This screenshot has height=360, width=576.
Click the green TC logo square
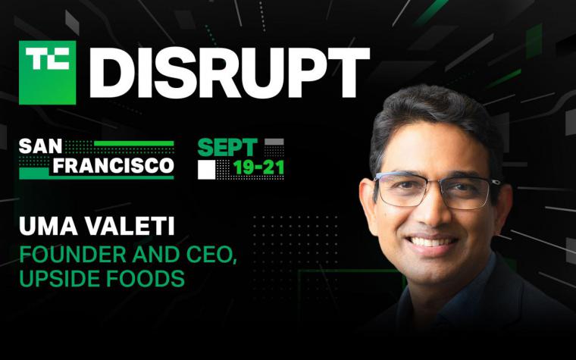pos(48,72)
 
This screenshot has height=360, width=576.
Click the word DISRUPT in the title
pos(229,73)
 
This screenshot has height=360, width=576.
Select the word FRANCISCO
pos(113,166)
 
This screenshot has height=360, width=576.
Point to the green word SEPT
pos(227,148)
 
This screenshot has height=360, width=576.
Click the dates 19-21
pos(258,168)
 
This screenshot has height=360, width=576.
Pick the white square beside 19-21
pos(206,170)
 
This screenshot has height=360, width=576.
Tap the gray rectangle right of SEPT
pos(274,142)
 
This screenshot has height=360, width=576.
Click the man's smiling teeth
pos(431,241)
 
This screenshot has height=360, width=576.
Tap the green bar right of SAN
pos(134,143)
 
